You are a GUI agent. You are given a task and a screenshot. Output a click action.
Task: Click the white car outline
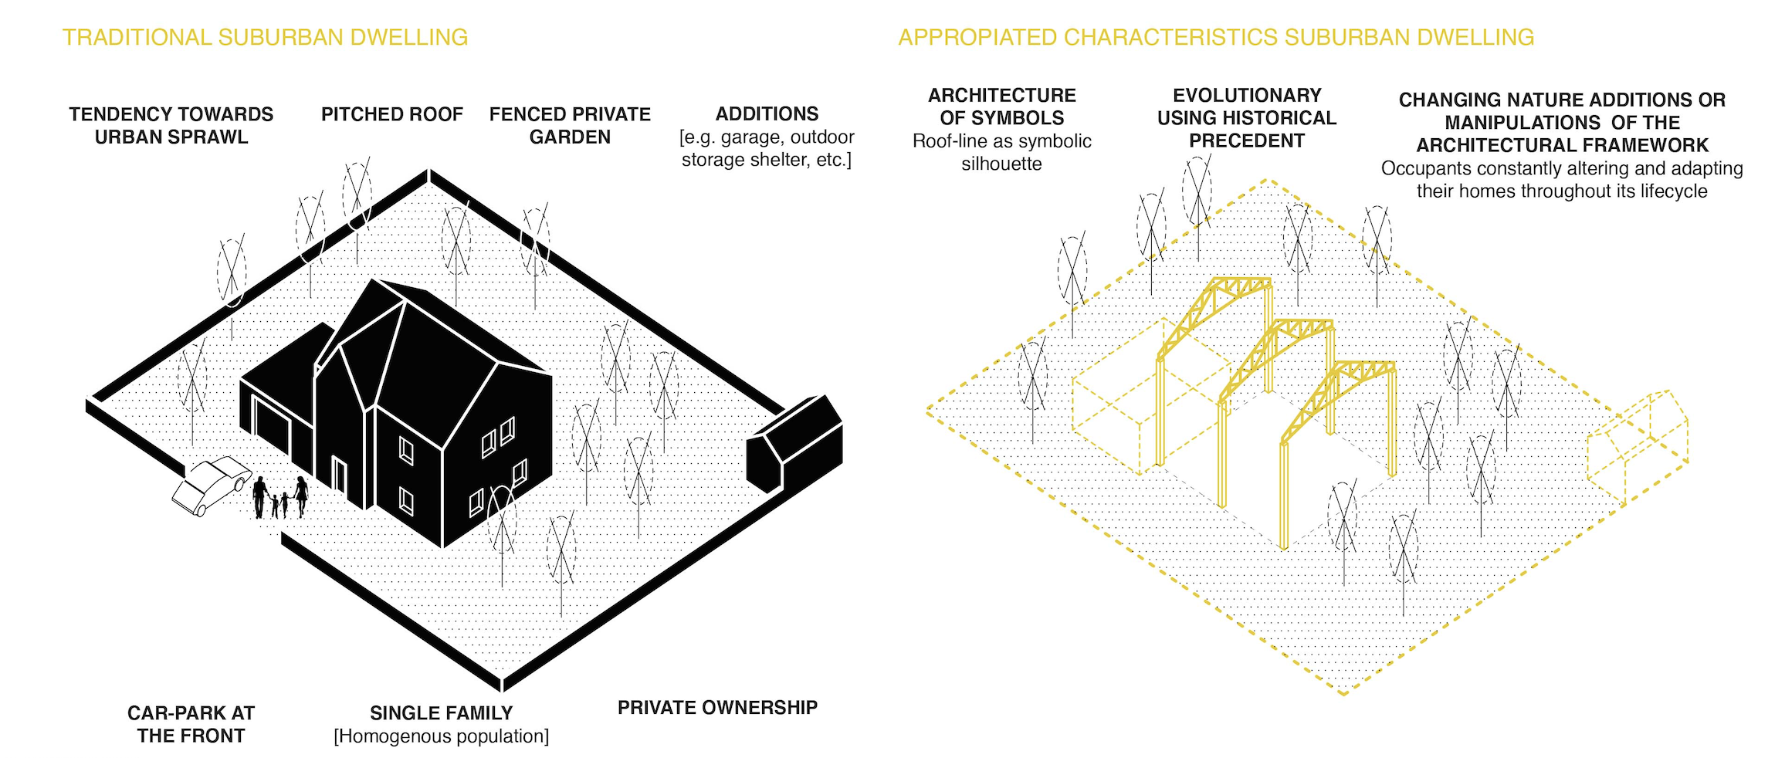[210, 484]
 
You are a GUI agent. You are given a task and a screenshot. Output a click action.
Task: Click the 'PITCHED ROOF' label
[391, 114]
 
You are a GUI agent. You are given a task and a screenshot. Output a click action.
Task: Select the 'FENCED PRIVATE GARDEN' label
[570, 126]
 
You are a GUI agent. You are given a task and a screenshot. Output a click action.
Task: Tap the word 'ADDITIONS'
[767, 114]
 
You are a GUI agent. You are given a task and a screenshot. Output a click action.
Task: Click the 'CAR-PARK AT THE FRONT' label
[191, 724]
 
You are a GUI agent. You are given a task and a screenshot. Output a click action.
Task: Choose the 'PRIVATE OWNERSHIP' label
[717, 707]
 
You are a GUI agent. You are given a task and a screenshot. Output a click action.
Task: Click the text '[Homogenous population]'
[441, 736]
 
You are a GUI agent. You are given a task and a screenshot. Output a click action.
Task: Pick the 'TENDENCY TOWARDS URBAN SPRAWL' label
[171, 126]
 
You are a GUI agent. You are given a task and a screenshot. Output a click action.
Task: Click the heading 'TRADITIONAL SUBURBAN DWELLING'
[265, 37]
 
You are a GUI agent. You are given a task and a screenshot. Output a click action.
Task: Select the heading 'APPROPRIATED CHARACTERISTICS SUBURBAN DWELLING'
[1216, 37]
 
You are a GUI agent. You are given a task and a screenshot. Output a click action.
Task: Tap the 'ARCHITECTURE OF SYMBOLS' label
[1001, 107]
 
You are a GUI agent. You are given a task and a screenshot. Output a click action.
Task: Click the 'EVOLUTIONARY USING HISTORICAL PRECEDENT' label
[1246, 118]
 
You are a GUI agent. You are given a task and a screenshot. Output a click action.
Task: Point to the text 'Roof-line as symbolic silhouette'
[1001, 152]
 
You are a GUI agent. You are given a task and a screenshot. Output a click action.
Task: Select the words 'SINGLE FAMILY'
[441, 712]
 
